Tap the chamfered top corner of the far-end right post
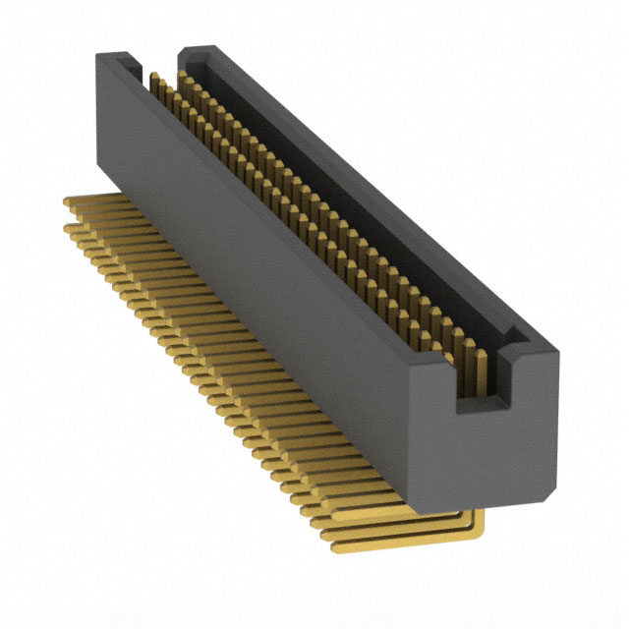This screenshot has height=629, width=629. tap(189, 49)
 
